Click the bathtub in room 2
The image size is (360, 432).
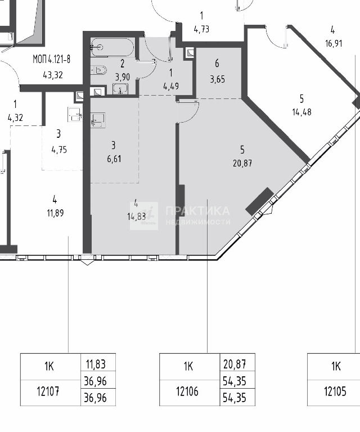pyautogui.click(x=112, y=47)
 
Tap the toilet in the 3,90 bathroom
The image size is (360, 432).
pyautogui.click(x=98, y=70)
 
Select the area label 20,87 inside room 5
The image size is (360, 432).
pyautogui.click(x=242, y=163)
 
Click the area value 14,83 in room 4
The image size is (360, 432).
pyautogui.click(x=137, y=217)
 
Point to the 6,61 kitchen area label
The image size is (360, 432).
pyautogui.click(x=114, y=159)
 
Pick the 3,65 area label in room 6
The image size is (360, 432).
pyautogui.click(x=217, y=79)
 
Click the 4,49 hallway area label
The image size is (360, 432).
pyautogui.click(x=171, y=87)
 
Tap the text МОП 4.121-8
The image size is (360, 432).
pyautogui.click(x=52, y=59)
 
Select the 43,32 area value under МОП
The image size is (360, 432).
pyautogui.click(x=53, y=75)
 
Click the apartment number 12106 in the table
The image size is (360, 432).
pyautogui.click(x=187, y=391)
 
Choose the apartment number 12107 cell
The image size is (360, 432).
pyautogui.click(x=48, y=391)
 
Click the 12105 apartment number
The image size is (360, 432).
pyautogui.click(x=335, y=391)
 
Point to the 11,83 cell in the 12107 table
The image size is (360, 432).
pyautogui.click(x=96, y=364)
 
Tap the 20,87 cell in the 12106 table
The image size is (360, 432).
pyautogui.click(x=235, y=364)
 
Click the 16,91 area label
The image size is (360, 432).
pyautogui.click(x=334, y=43)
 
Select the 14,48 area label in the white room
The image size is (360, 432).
pyautogui.click(x=302, y=112)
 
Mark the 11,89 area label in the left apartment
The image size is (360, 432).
pyautogui.click(x=55, y=213)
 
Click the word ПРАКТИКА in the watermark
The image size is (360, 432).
pyautogui.click(x=197, y=211)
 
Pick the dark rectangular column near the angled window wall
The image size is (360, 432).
pyautogui.click(x=259, y=201)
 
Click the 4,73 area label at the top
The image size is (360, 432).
pyautogui.click(x=201, y=29)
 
